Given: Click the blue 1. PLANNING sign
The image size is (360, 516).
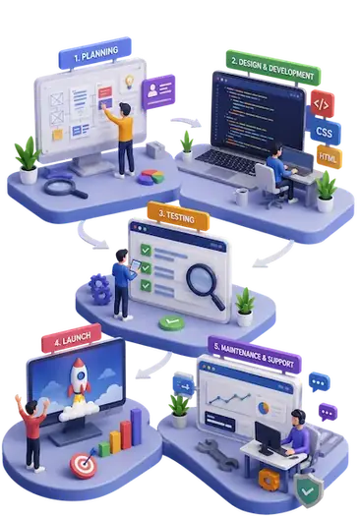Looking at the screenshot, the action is click(x=94, y=53).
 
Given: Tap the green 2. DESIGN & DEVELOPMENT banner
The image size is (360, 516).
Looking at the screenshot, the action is click(x=272, y=68).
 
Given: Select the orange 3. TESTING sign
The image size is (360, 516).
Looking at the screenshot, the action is click(x=178, y=216).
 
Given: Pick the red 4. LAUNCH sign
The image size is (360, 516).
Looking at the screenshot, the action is click(x=72, y=339).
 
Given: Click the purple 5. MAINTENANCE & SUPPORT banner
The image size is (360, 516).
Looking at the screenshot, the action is click(x=255, y=355).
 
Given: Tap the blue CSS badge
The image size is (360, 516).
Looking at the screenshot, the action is click(x=324, y=132).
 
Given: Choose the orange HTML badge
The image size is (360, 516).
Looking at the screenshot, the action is click(x=329, y=157).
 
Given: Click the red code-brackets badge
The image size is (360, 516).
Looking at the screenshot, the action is click(x=322, y=104).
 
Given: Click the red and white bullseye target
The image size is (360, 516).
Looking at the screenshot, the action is click(x=84, y=465).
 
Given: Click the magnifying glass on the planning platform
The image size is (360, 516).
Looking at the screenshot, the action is click(x=65, y=189).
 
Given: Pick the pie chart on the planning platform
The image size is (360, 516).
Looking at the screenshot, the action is click(x=150, y=177).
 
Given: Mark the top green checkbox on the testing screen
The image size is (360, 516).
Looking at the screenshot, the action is click(x=146, y=250).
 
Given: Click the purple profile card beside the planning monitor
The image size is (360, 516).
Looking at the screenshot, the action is click(x=158, y=91).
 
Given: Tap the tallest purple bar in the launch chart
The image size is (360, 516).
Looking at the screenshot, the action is click(x=136, y=427).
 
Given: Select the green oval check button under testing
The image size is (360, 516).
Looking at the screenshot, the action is click(x=171, y=322).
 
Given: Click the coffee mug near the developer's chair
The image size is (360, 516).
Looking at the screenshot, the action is click(x=241, y=197).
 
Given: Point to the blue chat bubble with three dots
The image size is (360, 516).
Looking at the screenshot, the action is click(x=319, y=382).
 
